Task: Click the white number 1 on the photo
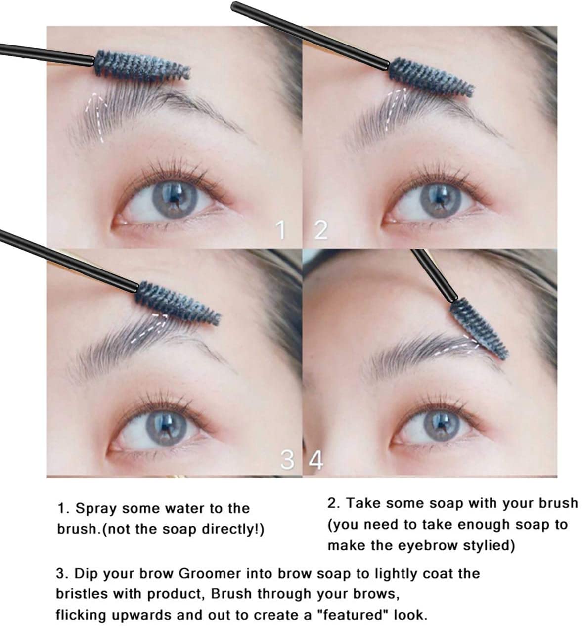tap(280, 230)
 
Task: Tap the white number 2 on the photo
tap(321, 230)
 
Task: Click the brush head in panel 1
tap(142, 66)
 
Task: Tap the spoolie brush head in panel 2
tap(431, 77)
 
